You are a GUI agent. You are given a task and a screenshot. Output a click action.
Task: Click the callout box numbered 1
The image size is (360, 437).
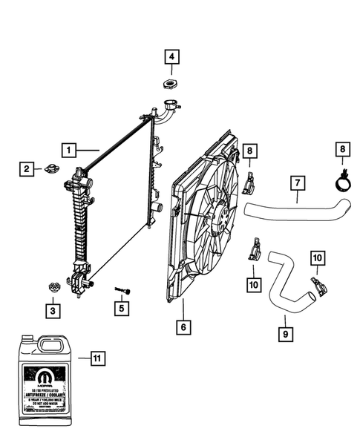(x=68, y=149)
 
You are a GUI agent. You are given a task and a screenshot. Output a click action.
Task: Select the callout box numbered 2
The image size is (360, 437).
(x=26, y=170)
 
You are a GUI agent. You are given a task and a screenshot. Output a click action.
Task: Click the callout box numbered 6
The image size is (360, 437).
(x=183, y=326)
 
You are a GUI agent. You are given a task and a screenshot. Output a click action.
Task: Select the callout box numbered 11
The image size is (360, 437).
(x=97, y=360)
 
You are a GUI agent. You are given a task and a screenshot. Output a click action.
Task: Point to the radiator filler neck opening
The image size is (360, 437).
(x=173, y=107)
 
